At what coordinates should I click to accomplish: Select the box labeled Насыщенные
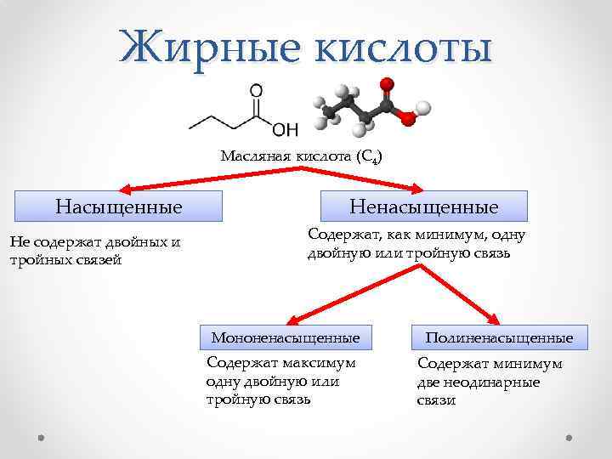(119, 207)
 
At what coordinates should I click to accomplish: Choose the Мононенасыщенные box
(286, 338)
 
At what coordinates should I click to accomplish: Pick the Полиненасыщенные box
(500, 338)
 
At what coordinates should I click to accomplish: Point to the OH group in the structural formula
(284, 129)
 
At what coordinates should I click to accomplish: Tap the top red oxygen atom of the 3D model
(387, 84)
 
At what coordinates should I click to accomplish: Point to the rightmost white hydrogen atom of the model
(424, 108)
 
